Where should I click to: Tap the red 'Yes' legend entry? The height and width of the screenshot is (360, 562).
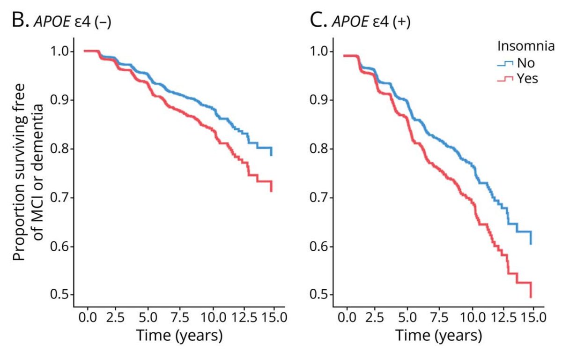518,78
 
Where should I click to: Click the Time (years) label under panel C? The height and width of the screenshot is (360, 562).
438,336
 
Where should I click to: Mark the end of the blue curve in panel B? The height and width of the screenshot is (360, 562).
271,155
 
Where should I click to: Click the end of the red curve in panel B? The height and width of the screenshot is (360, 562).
271,191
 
